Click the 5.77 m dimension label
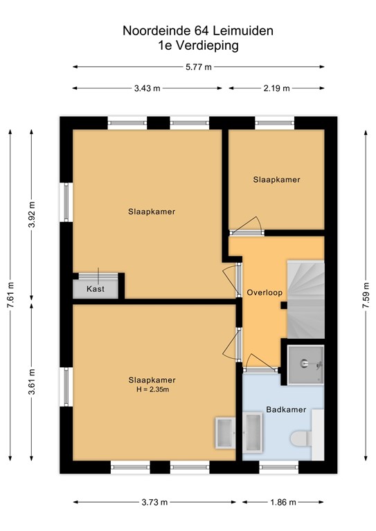(198, 66)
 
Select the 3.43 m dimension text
(147, 88)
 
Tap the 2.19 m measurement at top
(276, 88)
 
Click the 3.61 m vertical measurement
(32, 381)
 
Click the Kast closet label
(96, 289)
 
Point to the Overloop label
(265, 292)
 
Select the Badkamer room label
(286, 410)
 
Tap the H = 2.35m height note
(152, 390)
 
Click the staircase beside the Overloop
(305, 298)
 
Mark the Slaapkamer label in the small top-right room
(276, 179)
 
